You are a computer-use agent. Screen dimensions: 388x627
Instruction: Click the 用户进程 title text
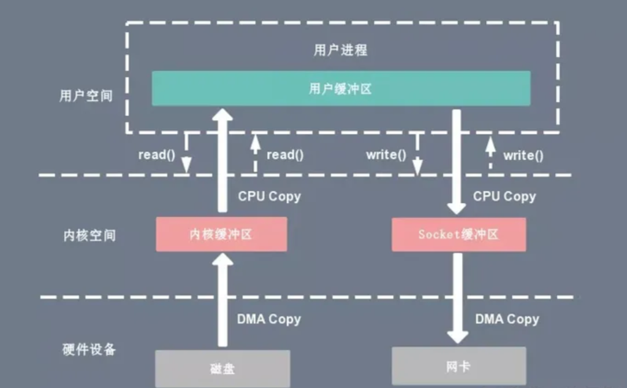(x=340, y=50)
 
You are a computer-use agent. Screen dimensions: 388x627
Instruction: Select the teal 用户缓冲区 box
(x=341, y=88)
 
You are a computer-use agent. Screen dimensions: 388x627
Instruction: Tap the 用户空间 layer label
(x=86, y=96)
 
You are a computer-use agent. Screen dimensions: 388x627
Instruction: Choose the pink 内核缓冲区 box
(x=221, y=234)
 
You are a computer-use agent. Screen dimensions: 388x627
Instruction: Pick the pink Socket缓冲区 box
(x=458, y=234)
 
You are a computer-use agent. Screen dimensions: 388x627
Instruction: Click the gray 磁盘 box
(x=221, y=368)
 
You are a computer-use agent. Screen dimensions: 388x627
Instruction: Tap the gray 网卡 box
(x=458, y=366)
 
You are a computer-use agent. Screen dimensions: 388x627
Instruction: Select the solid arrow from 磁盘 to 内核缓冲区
(x=222, y=300)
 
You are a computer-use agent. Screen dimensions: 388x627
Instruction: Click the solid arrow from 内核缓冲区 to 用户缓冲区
(x=222, y=162)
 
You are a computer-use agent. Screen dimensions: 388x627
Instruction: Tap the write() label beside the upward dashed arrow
(x=523, y=156)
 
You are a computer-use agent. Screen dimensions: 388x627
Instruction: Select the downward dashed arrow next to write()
(x=417, y=154)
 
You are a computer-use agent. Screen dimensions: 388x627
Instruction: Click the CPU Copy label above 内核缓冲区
(x=269, y=197)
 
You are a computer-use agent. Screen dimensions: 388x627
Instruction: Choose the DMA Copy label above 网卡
(x=507, y=319)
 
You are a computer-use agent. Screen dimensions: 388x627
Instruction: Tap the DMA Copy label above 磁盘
(x=269, y=319)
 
